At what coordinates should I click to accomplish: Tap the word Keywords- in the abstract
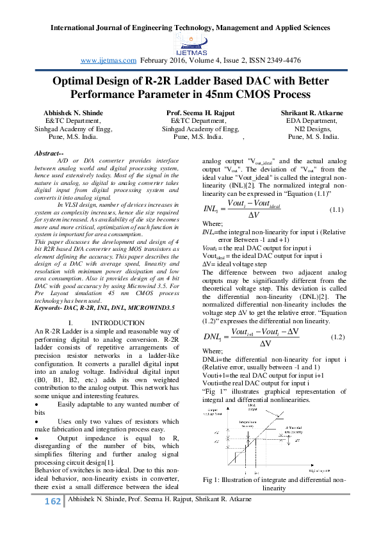[x=51, y=309]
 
